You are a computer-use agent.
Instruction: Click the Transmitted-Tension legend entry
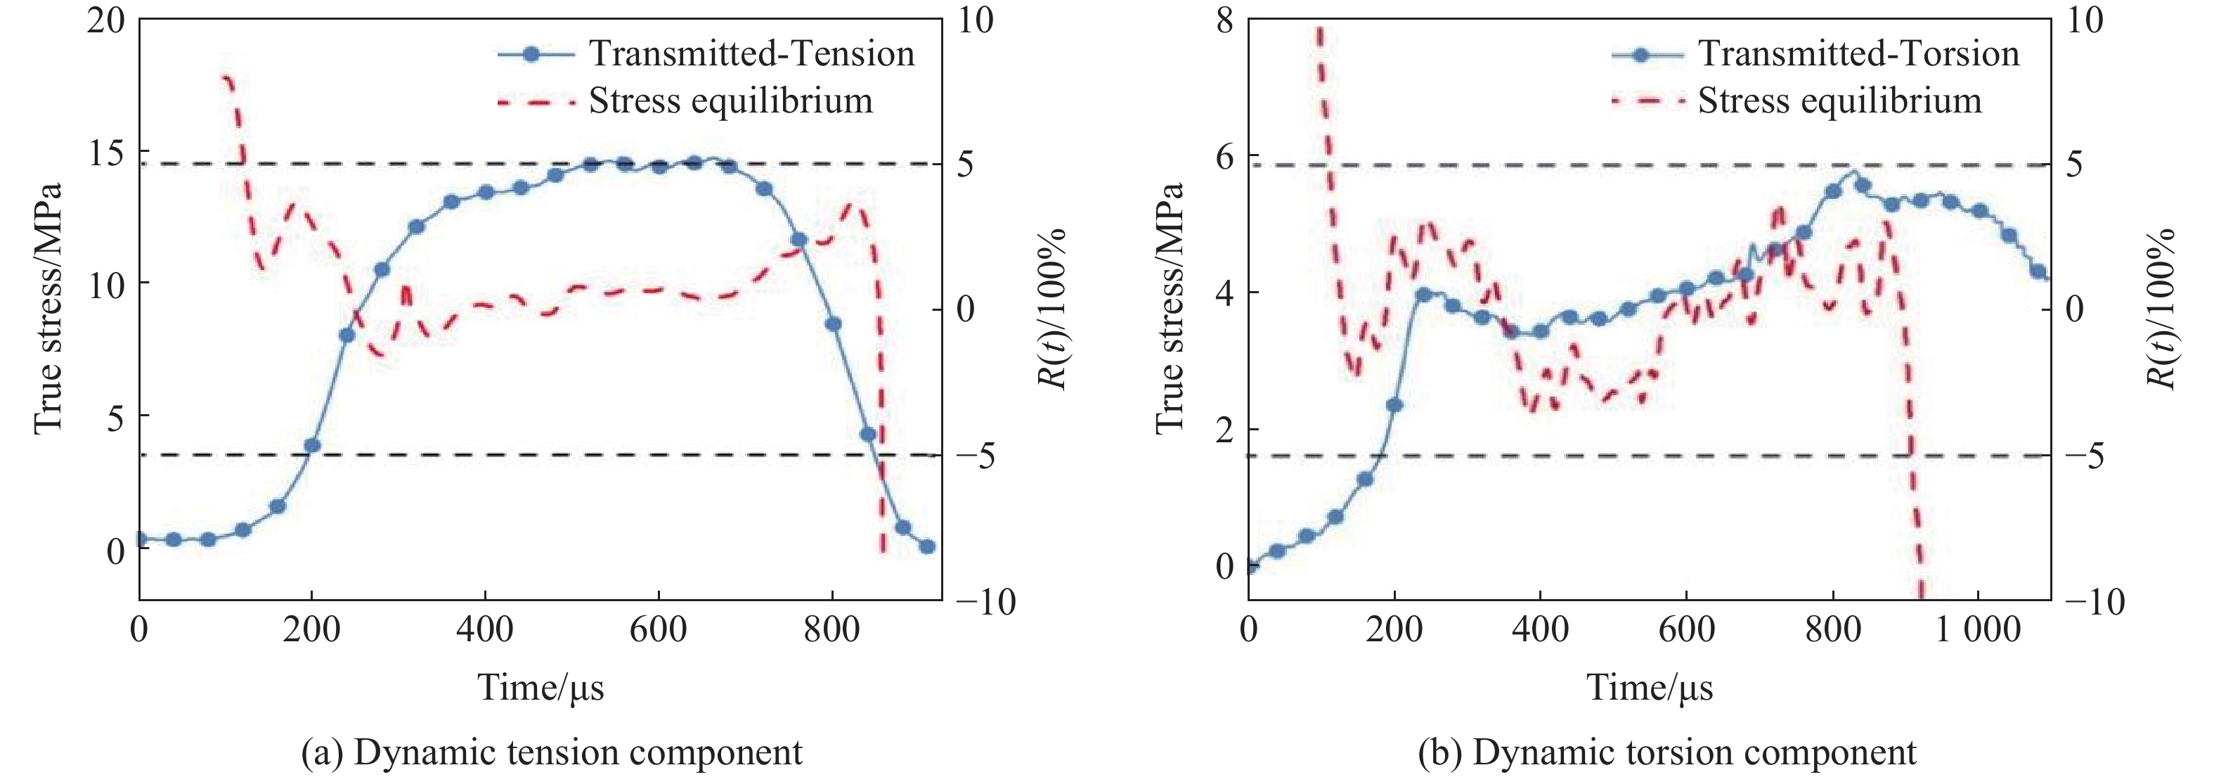tap(751, 53)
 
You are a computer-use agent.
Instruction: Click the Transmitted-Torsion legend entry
tap(1858, 53)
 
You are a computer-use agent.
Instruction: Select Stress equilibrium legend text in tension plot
tap(730, 101)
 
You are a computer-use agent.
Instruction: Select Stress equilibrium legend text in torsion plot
tap(1839, 101)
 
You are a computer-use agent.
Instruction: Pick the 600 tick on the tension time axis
tap(659, 630)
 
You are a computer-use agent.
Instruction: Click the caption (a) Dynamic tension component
tap(552, 752)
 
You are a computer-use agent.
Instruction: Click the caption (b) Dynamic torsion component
tap(1666, 752)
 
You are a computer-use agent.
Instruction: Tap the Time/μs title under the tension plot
tap(540, 688)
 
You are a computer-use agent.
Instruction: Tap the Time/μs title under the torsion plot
tap(1650, 688)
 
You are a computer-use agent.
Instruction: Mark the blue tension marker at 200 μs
tap(312, 445)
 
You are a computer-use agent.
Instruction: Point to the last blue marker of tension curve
tap(926, 546)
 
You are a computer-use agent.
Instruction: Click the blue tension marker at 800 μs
tap(833, 324)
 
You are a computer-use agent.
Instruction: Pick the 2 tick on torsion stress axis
tap(1223, 429)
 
